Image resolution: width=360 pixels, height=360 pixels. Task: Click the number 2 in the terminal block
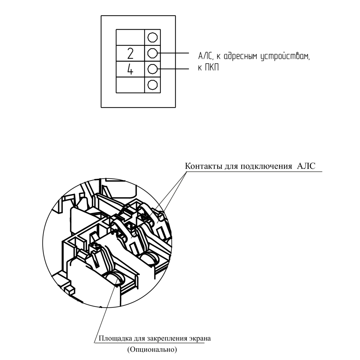click(x=130, y=54)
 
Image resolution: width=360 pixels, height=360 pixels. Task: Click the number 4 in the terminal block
click(x=130, y=69)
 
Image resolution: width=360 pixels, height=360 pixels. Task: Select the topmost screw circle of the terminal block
click(x=152, y=37)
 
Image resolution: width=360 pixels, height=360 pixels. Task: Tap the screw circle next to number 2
click(x=152, y=53)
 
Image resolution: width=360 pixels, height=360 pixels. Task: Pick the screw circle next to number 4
click(x=152, y=69)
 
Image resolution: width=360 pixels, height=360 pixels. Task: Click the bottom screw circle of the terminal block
click(x=152, y=85)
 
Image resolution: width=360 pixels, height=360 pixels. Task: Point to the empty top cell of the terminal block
click(x=130, y=37)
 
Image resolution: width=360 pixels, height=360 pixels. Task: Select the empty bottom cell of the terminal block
click(x=130, y=85)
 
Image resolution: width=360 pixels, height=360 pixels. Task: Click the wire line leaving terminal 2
click(x=173, y=53)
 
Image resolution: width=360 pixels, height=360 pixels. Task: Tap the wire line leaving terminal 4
click(x=173, y=69)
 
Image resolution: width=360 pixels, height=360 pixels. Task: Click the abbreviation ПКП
click(x=212, y=67)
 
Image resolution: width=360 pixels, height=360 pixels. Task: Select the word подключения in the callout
click(x=266, y=166)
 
